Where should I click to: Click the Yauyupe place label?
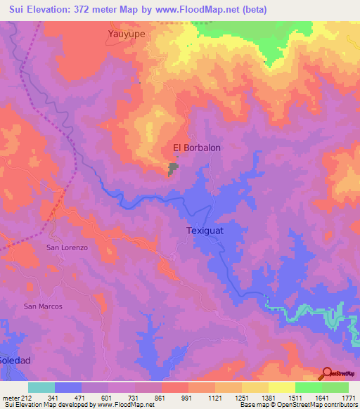coord(129,33)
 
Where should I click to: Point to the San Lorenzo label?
coord(67,248)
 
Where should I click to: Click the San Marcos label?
coord(43,306)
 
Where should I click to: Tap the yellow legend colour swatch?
coord(281,387)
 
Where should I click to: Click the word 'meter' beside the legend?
coord(11,398)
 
